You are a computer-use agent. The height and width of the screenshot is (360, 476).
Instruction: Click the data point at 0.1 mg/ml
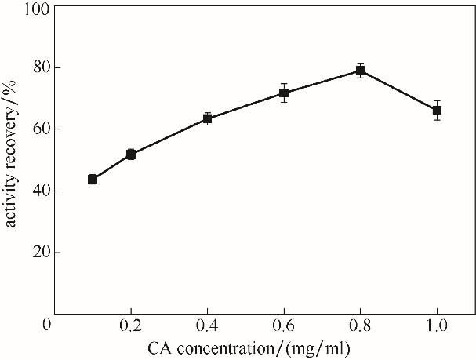click(93, 179)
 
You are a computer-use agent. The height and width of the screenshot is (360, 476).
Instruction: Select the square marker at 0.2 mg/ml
click(131, 155)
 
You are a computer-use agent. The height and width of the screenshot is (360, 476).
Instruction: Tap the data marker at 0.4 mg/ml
click(207, 118)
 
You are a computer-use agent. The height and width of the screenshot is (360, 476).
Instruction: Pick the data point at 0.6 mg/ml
click(284, 93)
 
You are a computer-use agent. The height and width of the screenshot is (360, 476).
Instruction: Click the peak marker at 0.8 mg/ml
click(361, 71)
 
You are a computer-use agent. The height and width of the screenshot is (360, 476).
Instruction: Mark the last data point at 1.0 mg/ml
click(437, 111)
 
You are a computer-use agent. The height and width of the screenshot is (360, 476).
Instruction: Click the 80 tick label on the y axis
click(37, 67)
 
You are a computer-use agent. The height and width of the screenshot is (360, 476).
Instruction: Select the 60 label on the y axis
click(37, 129)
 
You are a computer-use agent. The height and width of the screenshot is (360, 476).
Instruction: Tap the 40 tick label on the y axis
click(37, 191)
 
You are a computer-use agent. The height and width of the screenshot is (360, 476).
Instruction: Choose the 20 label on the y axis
click(37, 253)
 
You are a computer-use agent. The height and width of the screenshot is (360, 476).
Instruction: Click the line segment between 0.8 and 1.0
click(399, 91)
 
